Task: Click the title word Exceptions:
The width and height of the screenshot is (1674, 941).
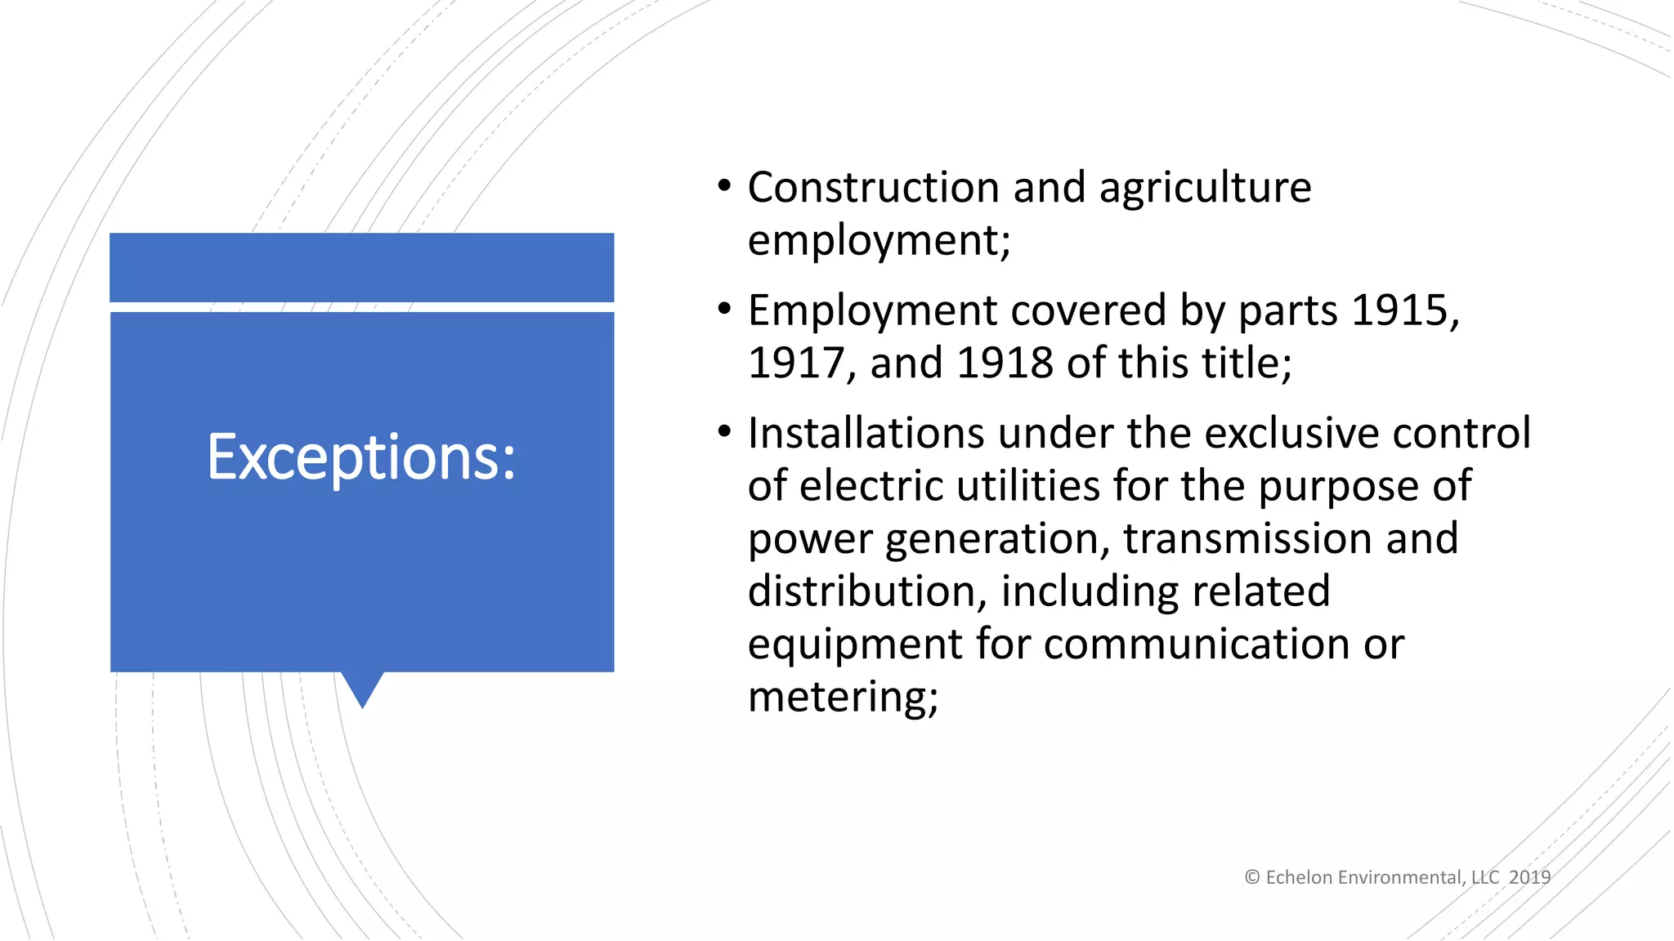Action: coord(361,457)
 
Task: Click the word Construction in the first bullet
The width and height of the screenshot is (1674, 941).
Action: coord(873,188)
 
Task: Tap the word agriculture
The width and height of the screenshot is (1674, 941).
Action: coord(1205,188)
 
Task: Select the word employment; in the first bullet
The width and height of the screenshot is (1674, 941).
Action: coord(879,241)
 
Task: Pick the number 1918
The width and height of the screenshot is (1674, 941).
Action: coord(1005,363)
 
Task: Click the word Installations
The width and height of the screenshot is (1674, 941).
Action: coord(866,434)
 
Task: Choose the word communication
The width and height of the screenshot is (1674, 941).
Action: coord(1196,644)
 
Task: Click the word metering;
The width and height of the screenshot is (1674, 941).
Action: coord(843,698)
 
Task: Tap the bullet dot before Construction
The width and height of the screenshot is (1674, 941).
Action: coord(724,187)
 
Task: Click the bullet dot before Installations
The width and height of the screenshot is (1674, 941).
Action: coord(724,432)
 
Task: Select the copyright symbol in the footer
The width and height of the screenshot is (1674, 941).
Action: coord(1251,878)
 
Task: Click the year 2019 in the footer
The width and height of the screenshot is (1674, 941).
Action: coord(1529,878)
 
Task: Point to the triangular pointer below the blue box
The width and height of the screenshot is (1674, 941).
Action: coord(362,688)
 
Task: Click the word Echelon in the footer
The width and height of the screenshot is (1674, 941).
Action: coord(1298,878)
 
